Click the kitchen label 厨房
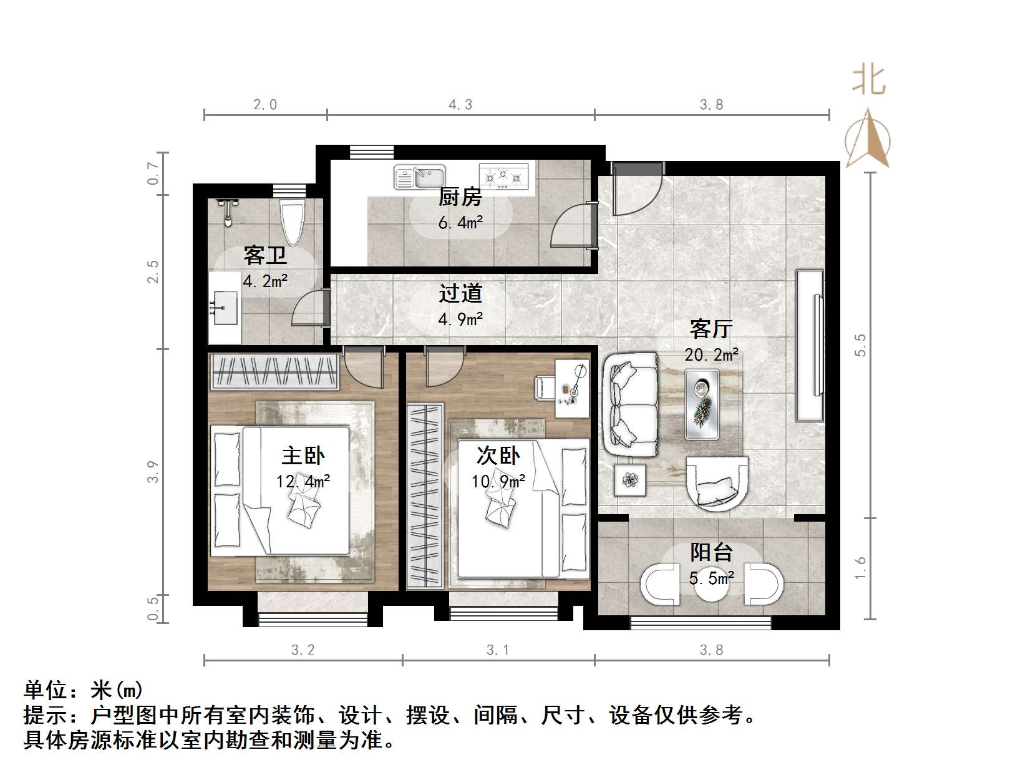click(x=460, y=198)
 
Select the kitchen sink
click(x=419, y=177)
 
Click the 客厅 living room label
click(x=711, y=328)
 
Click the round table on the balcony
click(x=711, y=585)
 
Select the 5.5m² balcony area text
click(x=711, y=578)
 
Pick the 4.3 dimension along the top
click(x=460, y=105)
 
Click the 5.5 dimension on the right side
click(x=860, y=345)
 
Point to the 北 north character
click(x=869, y=81)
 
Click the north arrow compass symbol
click(x=868, y=140)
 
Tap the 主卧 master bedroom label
click(x=303, y=456)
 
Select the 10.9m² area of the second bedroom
click(x=498, y=481)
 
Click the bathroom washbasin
click(x=223, y=308)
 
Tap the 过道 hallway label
click(x=460, y=293)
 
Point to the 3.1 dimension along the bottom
click(x=498, y=650)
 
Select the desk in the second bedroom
click(x=572, y=389)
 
